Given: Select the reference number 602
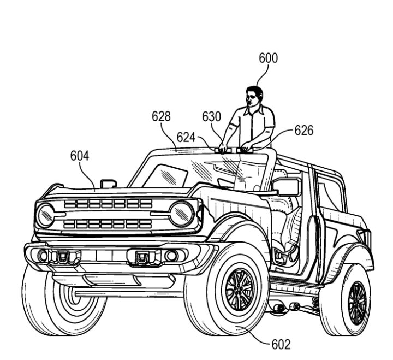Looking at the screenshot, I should (x=281, y=345).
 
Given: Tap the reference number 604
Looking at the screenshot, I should (x=79, y=156).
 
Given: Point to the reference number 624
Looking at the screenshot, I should (x=186, y=137).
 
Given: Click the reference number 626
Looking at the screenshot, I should (x=304, y=131).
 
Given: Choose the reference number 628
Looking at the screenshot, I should (x=161, y=116).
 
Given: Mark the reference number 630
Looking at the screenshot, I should (x=212, y=116).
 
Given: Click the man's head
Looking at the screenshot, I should (x=254, y=97).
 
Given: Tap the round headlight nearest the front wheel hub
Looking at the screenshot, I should (x=181, y=214).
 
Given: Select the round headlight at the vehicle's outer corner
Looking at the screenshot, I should (x=45, y=215).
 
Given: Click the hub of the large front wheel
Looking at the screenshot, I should (x=240, y=288).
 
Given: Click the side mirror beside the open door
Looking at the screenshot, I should (x=287, y=186).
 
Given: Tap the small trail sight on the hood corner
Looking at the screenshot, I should (x=108, y=184).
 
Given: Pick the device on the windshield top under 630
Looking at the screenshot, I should (x=229, y=149).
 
